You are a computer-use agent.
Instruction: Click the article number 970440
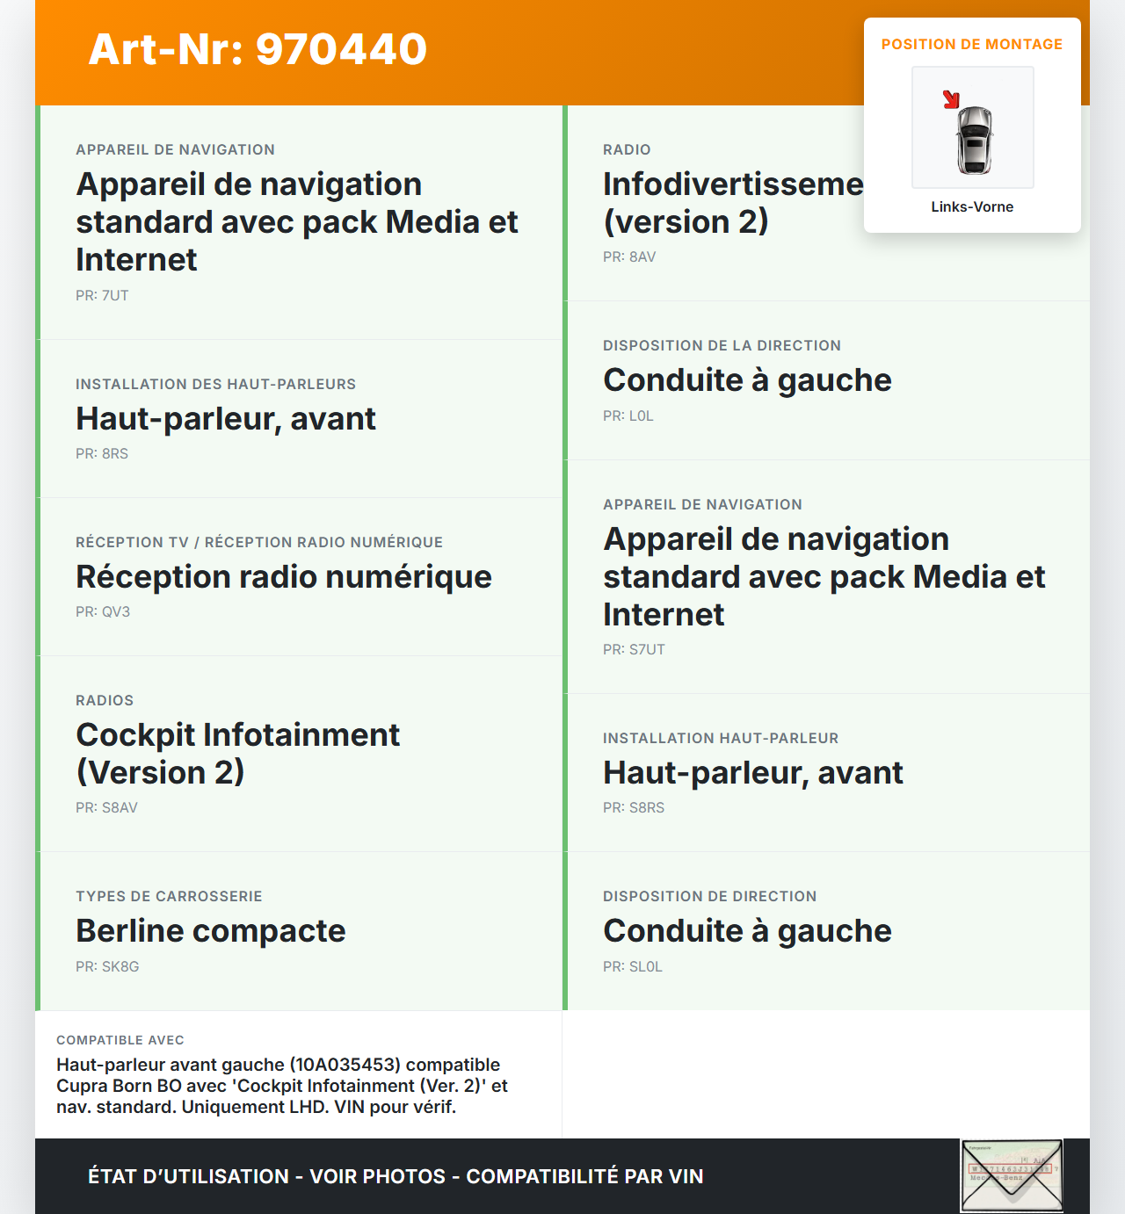pos(258,49)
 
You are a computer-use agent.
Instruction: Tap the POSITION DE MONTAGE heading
pos(971,44)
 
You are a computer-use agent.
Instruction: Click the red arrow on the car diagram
pos(951,99)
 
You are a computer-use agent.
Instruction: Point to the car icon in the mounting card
pos(974,140)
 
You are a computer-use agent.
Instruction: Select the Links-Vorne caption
pos(972,207)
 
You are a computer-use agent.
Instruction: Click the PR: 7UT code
pos(102,296)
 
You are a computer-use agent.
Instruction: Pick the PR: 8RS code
pos(102,454)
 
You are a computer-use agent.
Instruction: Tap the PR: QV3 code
pos(103,612)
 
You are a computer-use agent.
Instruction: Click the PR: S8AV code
pos(106,808)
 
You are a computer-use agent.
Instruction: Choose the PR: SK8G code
pos(107,967)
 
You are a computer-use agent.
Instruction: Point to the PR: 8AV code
pos(629,257)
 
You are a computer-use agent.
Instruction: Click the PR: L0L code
pos(628,416)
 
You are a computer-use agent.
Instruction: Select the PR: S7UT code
pos(634,650)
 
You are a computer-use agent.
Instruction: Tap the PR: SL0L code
pos(633,967)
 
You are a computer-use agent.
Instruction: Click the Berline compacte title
pos(211,931)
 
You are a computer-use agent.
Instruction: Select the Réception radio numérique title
pos(284,577)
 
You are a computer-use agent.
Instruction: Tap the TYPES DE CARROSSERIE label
pos(169,897)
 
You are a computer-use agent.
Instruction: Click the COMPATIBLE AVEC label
pos(120,1040)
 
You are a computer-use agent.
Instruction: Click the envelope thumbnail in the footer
pos(1012,1176)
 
